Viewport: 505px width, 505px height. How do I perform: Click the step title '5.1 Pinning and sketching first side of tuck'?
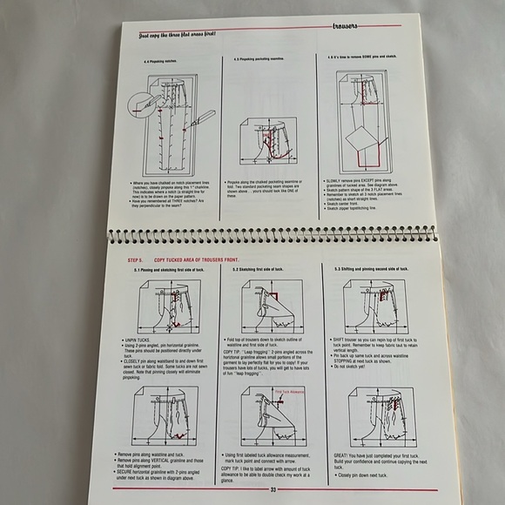[171, 271]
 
